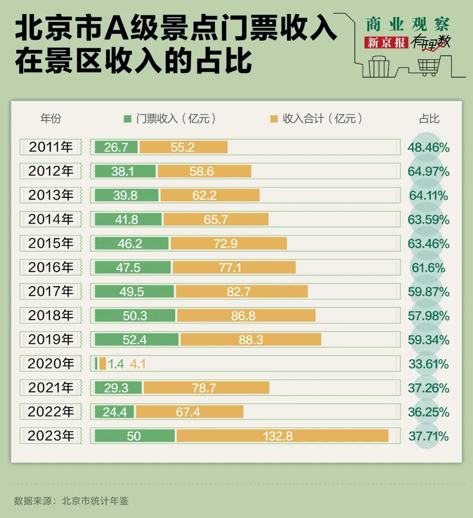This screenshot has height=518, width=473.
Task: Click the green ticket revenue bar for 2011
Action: (x=116, y=147)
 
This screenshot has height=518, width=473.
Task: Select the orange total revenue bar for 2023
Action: (x=282, y=436)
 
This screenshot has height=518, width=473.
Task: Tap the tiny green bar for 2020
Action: (x=96, y=364)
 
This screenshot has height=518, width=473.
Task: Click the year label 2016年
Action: (x=51, y=267)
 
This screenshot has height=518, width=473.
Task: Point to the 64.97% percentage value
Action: (x=428, y=171)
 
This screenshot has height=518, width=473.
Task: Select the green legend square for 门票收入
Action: (x=128, y=119)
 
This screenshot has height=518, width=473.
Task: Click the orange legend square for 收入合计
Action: (x=274, y=119)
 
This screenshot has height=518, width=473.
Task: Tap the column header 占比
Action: (x=429, y=119)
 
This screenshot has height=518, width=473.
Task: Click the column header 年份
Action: (x=51, y=119)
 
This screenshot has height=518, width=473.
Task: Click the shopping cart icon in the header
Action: (x=428, y=67)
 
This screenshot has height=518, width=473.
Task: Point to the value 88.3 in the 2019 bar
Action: (x=251, y=340)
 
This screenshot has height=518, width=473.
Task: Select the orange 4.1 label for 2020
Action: (x=138, y=364)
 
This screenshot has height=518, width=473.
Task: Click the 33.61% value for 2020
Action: (x=428, y=364)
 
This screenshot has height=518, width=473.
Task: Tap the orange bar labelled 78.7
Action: (x=206, y=388)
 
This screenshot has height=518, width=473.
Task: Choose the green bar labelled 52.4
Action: (x=136, y=339)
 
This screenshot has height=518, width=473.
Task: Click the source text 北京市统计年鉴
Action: (x=95, y=501)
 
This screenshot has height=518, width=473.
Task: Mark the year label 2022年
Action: (x=51, y=412)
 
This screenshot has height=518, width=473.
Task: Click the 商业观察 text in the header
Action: (x=408, y=24)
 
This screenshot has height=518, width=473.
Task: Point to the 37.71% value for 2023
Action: (x=428, y=436)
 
